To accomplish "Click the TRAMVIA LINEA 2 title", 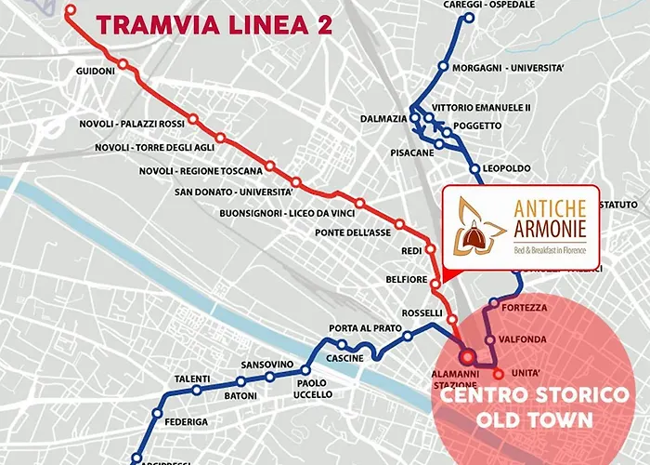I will [214, 25].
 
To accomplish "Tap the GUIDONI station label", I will [95, 71].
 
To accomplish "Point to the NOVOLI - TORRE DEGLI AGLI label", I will [155, 148].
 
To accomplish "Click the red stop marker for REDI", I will [430, 249].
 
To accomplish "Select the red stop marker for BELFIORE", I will [435, 280].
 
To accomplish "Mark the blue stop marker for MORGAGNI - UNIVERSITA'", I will [444, 66].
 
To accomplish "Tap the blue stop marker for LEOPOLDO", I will [475, 169].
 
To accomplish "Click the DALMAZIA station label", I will [383, 119].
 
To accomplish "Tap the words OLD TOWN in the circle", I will [533, 419].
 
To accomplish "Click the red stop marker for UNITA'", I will [498, 375].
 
